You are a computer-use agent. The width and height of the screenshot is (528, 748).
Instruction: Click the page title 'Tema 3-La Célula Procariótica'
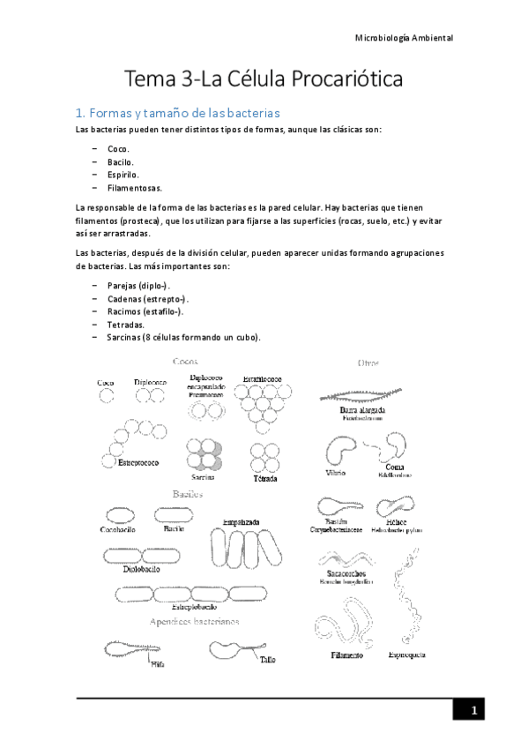(x=264, y=79)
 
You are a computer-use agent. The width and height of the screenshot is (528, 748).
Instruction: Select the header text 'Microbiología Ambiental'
(x=403, y=38)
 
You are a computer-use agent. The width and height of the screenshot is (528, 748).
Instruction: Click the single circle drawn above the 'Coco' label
(x=106, y=397)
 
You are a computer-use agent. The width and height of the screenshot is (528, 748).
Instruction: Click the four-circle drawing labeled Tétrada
(x=264, y=458)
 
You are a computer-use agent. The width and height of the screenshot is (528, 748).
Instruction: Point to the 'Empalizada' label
(x=241, y=522)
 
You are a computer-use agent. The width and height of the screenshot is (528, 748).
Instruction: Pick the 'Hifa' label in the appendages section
(x=158, y=663)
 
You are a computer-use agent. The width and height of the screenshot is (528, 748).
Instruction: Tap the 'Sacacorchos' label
(x=346, y=572)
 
